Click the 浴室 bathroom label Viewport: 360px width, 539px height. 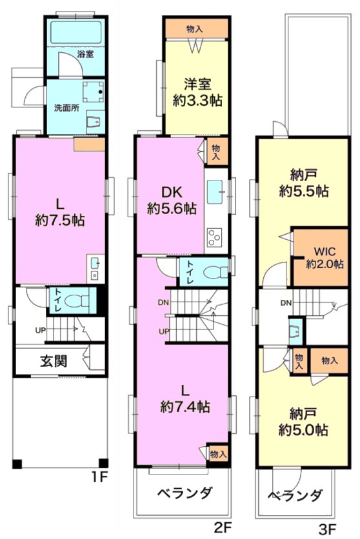86,54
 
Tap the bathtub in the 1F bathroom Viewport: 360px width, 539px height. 75,31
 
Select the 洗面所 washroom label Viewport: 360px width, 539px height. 67,108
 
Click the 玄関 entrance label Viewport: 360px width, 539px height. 54,361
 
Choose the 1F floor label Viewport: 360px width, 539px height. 100,477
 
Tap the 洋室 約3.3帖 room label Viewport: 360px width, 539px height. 197,92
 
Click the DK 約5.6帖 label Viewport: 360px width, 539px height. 172,201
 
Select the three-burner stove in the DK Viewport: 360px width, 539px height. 214,237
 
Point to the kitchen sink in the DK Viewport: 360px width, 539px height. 216,191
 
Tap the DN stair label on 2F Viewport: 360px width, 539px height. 163,302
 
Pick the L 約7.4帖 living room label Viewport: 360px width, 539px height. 185,399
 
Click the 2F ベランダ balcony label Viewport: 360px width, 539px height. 185,493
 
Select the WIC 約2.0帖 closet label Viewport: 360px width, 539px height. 325,257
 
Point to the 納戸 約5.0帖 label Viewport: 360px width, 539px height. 303,422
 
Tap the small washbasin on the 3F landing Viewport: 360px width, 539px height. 296,331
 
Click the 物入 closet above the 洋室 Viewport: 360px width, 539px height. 196,29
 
